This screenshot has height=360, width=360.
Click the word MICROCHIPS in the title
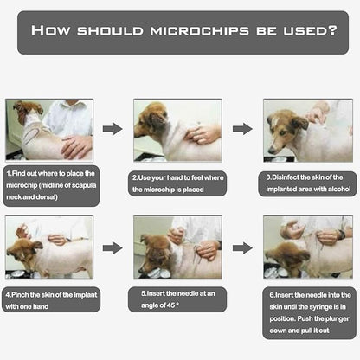coord(200,30)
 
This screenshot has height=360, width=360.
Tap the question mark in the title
coord(332,30)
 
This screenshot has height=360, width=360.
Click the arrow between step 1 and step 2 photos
coord(112,129)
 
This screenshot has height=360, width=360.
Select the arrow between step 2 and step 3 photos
coord(242,129)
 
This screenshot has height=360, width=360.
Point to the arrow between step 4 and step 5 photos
coord(112,248)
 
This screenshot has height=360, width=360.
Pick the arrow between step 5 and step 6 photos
coord(242,248)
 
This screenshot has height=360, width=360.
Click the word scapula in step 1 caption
coord(84,185)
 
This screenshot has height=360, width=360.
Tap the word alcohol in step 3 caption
coord(339,189)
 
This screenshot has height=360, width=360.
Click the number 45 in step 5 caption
coord(171,305)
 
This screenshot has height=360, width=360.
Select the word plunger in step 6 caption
coord(336,319)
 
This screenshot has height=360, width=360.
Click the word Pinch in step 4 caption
coord(20,295)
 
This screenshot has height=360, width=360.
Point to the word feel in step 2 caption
coord(197,177)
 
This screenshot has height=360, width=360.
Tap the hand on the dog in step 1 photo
coord(76,146)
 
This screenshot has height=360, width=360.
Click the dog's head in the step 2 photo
coord(151,120)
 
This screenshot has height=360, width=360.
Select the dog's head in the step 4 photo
coord(24,253)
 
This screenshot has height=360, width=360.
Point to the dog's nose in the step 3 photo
coord(272,151)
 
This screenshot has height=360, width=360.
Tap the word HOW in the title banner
coord(50,30)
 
